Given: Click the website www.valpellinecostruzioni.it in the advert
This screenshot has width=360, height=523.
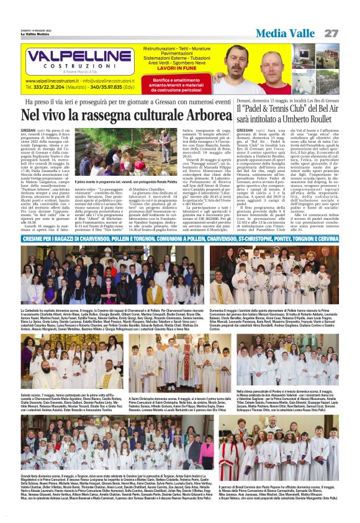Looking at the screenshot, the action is [53, 81].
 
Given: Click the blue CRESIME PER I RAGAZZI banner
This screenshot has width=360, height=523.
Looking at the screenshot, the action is [180, 237].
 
